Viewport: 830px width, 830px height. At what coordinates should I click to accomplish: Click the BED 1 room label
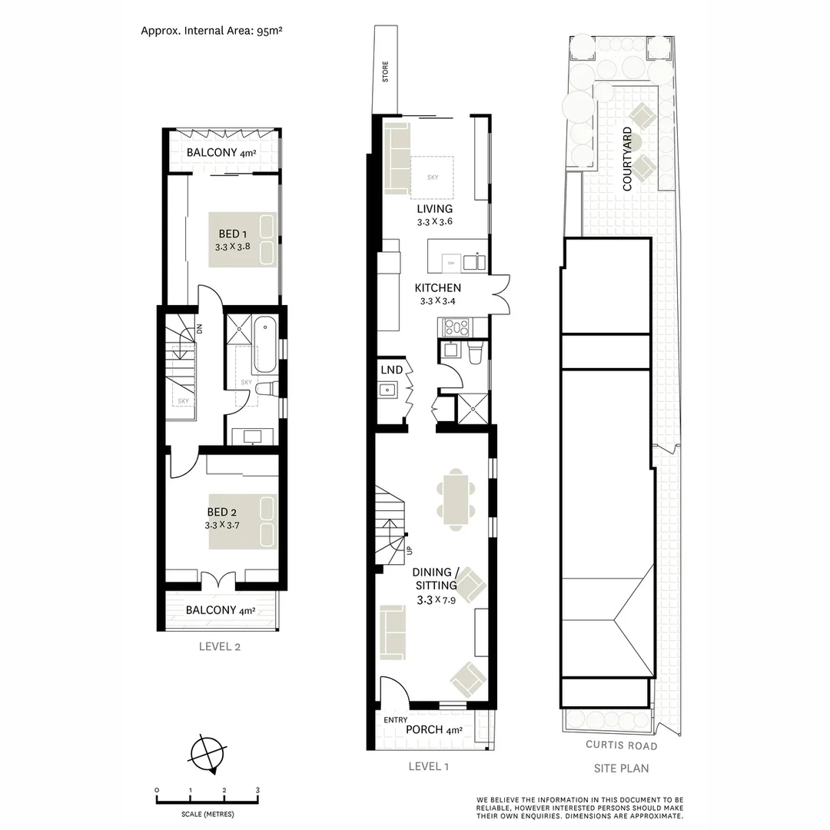click(231, 234)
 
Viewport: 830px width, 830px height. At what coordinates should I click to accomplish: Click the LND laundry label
click(391, 370)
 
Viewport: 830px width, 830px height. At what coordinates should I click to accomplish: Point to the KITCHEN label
click(437, 288)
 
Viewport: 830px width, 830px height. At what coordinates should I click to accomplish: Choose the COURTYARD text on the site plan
click(628, 159)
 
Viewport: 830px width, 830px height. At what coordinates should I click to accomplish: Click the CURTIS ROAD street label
click(621, 745)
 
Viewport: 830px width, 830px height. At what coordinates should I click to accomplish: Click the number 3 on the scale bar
click(257, 790)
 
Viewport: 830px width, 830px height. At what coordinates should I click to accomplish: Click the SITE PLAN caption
click(621, 768)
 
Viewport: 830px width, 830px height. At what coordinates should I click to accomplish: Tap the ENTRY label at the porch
click(396, 720)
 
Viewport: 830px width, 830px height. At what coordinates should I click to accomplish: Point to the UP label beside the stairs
click(409, 550)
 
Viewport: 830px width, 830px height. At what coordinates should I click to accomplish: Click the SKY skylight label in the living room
click(432, 178)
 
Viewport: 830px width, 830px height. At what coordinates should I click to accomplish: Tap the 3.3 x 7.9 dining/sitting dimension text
click(436, 601)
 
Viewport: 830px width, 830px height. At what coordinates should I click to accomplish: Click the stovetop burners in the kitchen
click(454, 328)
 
